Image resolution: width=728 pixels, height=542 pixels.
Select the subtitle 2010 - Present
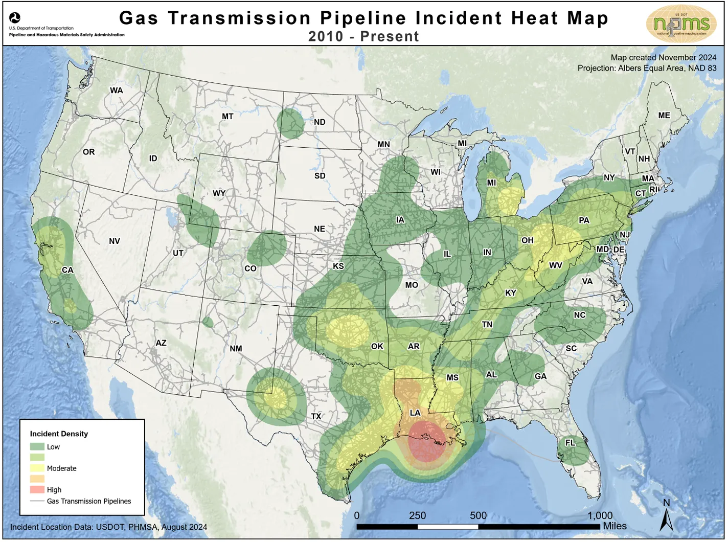click(x=363, y=36)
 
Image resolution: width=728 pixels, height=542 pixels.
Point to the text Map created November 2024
click(x=663, y=58)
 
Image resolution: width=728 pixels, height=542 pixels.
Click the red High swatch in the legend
click(x=37, y=489)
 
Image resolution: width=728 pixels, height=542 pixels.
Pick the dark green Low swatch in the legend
click(x=37, y=446)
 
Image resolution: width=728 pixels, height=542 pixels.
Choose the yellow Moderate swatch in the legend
click(x=37, y=468)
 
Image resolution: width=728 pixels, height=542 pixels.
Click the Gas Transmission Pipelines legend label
click(x=89, y=501)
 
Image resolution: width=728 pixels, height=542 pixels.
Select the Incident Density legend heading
click(x=59, y=434)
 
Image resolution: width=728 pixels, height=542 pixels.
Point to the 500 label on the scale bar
click(x=478, y=515)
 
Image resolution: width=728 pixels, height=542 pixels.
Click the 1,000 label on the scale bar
click(x=600, y=515)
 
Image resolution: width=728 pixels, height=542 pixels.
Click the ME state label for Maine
click(x=664, y=116)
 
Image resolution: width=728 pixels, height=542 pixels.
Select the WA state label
click(x=117, y=91)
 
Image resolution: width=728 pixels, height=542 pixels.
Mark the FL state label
click(x=570, y=443)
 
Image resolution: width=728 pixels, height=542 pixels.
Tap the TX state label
click(x=316, y=416)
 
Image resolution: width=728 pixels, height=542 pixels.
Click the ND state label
click(x=320, y=122)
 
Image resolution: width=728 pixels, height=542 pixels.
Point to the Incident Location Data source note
click(x=108, y=527)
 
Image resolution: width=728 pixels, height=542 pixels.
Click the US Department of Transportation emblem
click(x=15, y=18)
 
